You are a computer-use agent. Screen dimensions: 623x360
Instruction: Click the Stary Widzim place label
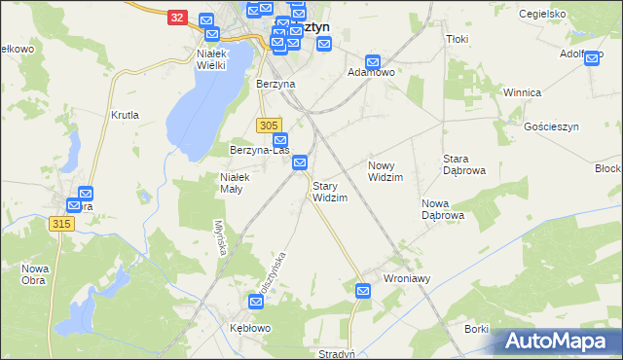(329, 191)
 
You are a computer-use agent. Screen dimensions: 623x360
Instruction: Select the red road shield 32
(176, 18)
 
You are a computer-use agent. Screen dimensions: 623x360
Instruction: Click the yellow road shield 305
(271, 126)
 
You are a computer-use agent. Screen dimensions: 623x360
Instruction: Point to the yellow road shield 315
(61, 224)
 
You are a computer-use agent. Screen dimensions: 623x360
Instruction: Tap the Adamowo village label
(371, 73)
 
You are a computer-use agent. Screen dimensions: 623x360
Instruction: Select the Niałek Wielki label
(210, 59)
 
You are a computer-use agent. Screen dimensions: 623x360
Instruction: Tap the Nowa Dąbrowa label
(442, 208)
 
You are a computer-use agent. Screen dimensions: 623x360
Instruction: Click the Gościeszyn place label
(552, 127)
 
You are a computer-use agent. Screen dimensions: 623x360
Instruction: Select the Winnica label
(521, 92)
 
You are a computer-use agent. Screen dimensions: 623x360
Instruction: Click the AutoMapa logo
(559, 342)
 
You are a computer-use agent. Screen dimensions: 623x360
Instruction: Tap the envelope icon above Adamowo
(373, 60)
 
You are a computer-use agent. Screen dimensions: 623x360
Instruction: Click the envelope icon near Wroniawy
(363, 290)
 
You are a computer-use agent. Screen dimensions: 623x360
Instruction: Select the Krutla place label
(126, 115)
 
